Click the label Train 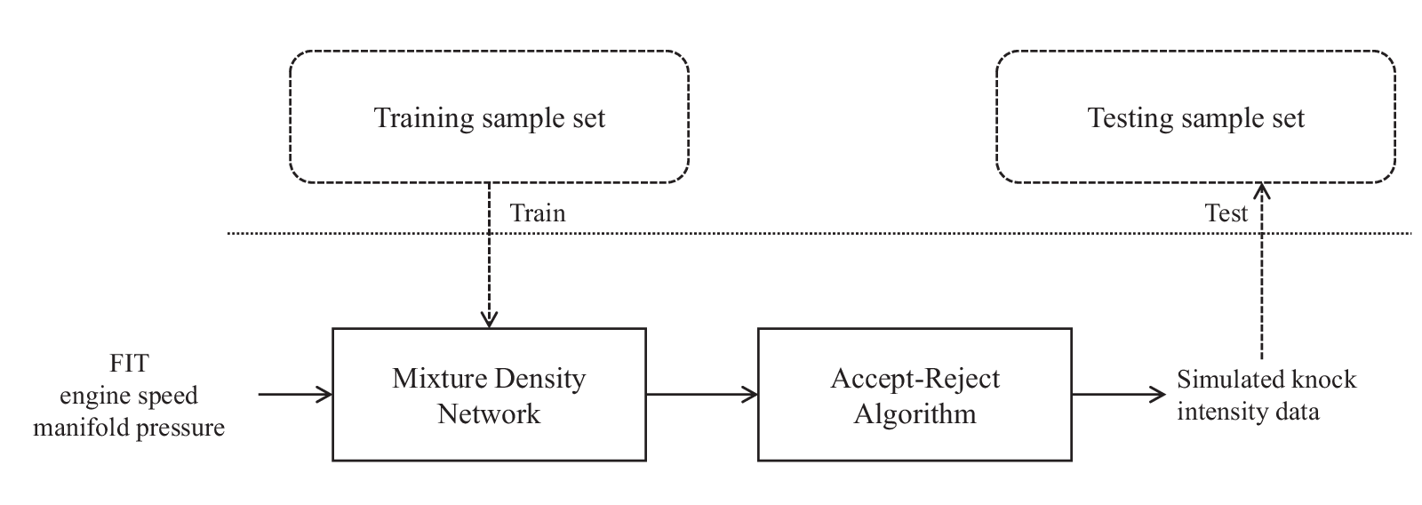pos(538,213)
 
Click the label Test pos(1226,213)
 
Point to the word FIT pos(129,364)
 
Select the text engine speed pos(129,396)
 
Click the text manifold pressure pos(129,428)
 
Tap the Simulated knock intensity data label pos(1266,395)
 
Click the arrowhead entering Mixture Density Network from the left pos(324,395)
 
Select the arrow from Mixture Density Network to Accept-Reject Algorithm pos(702,395)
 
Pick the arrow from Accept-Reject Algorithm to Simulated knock pos(1119,395)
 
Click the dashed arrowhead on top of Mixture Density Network pos(489,319)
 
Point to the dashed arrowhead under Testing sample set pos(1261,192)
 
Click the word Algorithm pos(915,414)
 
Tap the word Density pos(539,379)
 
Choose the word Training pos(423,119)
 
